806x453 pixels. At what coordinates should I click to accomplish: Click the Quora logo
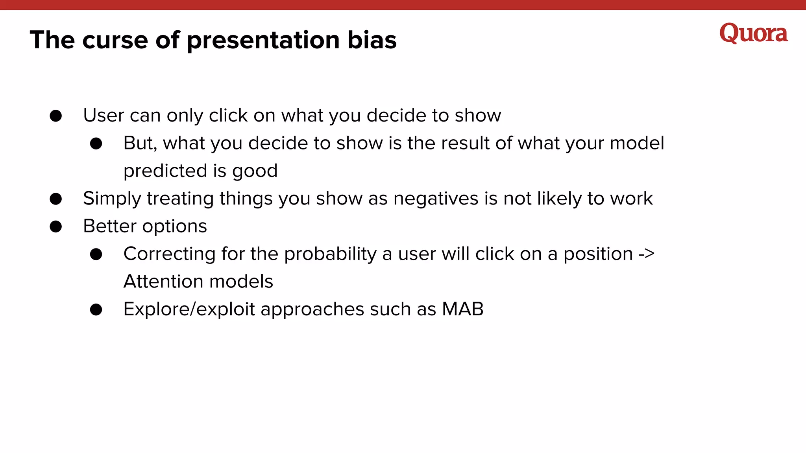pyautogui.click(x=753, y=33)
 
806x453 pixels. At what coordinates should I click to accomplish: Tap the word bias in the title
pyautogui.click(x=372, y=40)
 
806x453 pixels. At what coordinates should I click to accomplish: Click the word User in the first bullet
pyautogui.click(x=104, y=116)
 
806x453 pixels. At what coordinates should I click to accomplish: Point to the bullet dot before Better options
pyautogui.click(x=56, y=226)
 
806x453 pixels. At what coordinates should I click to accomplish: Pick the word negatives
pyautogui.click(x=436, y=199)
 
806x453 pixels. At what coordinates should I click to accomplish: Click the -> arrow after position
pyautogui.click(x=646, y=254)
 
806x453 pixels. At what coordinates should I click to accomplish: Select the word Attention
pyautogui.click(x=163, y=282)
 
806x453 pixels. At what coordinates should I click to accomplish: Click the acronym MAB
pyautogui.click(x=462, y=309)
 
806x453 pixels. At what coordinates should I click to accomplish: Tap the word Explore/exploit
pyautogui.click(x=189, y=309)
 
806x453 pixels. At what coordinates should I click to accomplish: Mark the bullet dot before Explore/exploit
pyautogui.click(x=96, y=310)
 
